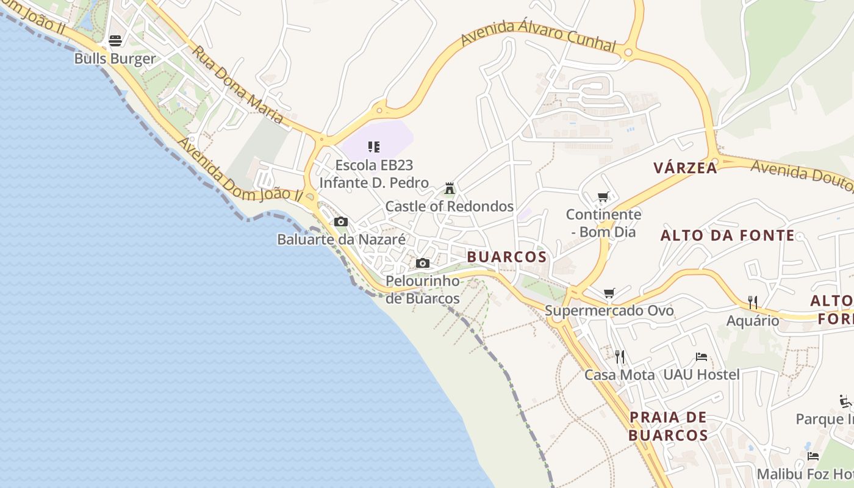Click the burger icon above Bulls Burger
pyautogui.click(x=115, y=41)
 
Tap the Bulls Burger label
pyautogui.click(x=115, y=59)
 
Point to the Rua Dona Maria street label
pyautogui.click(x=239, y=85)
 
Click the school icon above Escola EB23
pyautogui.click(x=374, y=147)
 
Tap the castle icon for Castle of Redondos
pyautogui.click(x=450, y=188)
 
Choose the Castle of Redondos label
pyautogui.click(x=450, y=206)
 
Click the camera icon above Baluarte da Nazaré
pyautogui.click(x=341, y=221)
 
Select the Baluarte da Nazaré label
pyautogui.click(x=341, y=239)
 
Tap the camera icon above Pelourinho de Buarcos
pyautogui.click(x=423, y=264)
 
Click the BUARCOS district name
pyautogui.click(x=507, y=257)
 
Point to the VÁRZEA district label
pyautogui.click(x=685, y=168)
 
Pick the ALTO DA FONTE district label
pyautogui.click(x=728, y=235)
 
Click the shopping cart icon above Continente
pyautogui.click(x=603, y=197)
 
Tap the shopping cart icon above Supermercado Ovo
pyautogui.click(x=609, y=293)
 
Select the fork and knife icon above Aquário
pyautogui.click(x=753, y=302)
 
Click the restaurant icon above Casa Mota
pyautogui.click(x=620, y=356)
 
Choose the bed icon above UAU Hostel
pyautogui.click(x=701, y=357)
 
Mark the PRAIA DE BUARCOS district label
pyautogui.click(x=668, y=426)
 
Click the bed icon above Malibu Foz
pyautogui.click(x=813, y=456)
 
